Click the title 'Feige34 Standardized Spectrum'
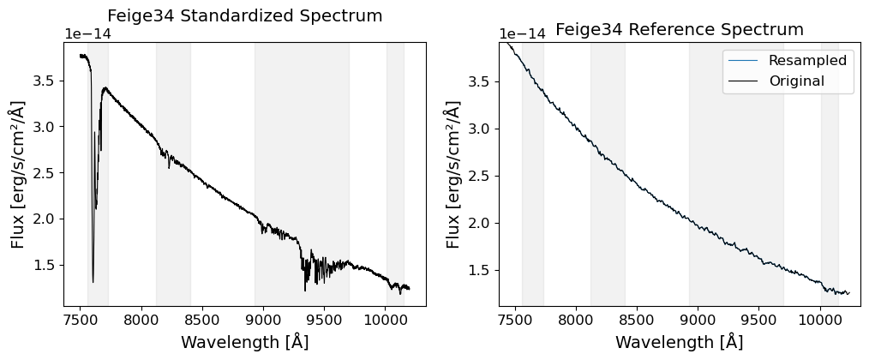tap(244, 16)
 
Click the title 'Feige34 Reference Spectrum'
tap(680, 30)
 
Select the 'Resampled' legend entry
tap(807, 60)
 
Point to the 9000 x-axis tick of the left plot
tap(263, 320)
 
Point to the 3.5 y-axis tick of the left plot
tap(46, 81)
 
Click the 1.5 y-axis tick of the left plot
tap(46, 265)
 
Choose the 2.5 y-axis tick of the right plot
tap(481, 176)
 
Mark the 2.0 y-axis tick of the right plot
tap(481, 223)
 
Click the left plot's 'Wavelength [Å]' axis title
tap(244, 342)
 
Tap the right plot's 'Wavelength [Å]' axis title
tap(680, 342)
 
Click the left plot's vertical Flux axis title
tap(18, 175)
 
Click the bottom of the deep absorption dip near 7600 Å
tap(93, 282)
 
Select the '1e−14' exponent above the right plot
tap(522, 34)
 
